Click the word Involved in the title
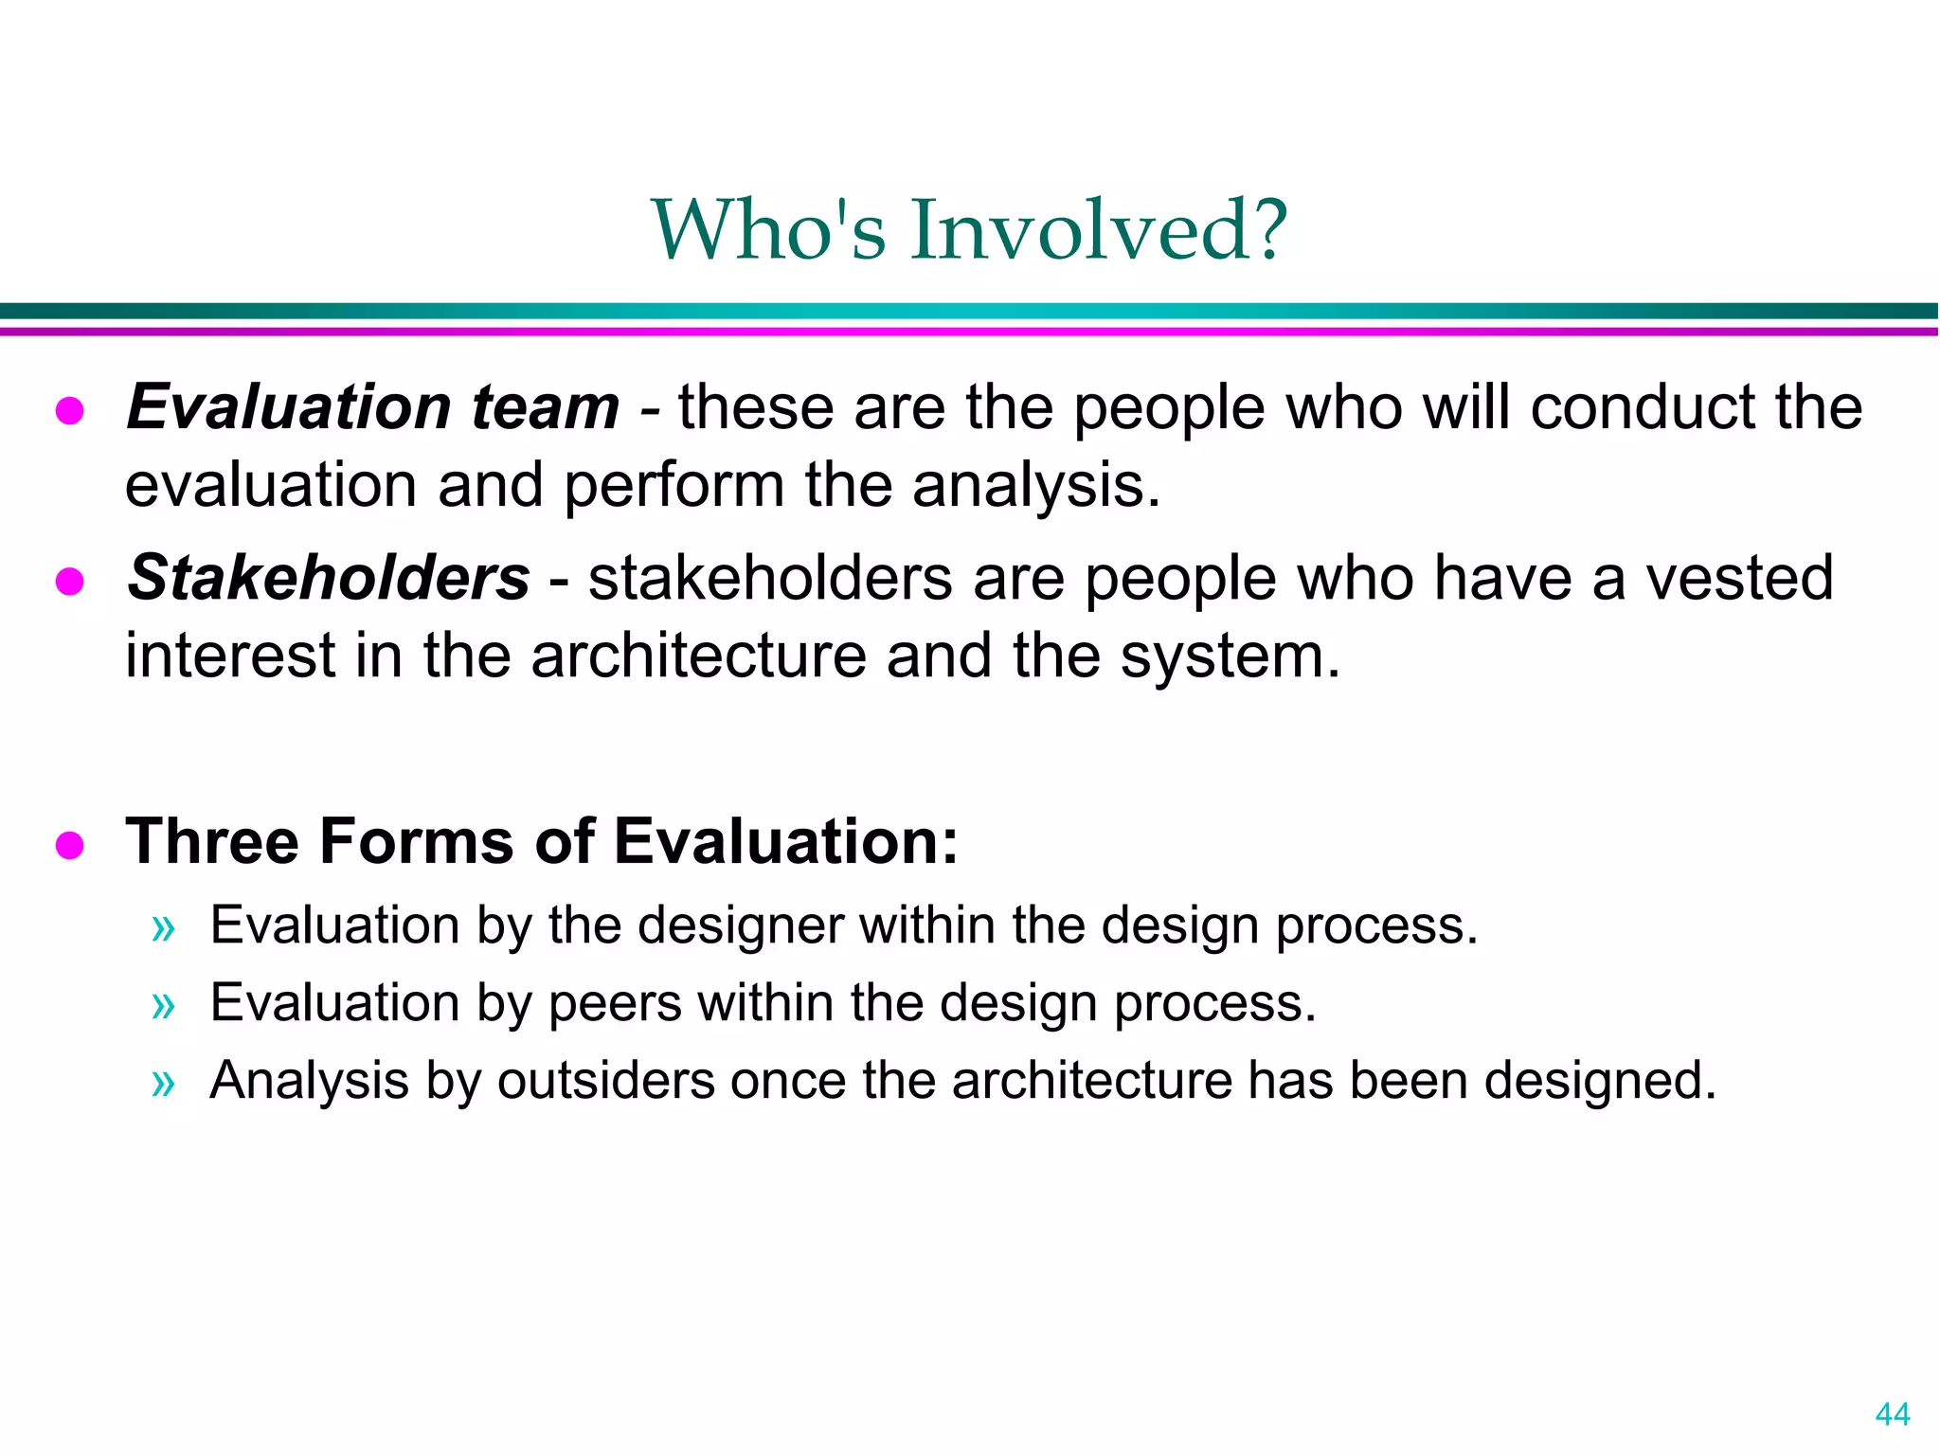coord(1099,230)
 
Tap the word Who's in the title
coord(768,230)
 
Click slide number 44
coord(1892,1414)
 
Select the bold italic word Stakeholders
coord(329,578)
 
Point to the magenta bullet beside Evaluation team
coord(70,411)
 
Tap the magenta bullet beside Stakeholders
coord(70,581)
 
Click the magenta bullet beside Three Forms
coord(70,844)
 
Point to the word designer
coord(740,925)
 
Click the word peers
coord(615,1003)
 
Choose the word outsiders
coord(605,1081)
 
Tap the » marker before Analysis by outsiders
coord(164,1083)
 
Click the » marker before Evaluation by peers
coord(164,1005)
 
